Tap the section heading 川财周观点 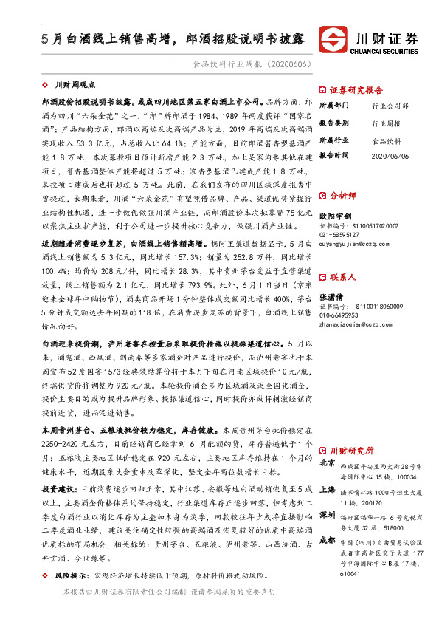[x=80, y=86]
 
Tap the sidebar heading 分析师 [x=342, y=196]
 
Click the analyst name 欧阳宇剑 [x=336, y=215]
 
